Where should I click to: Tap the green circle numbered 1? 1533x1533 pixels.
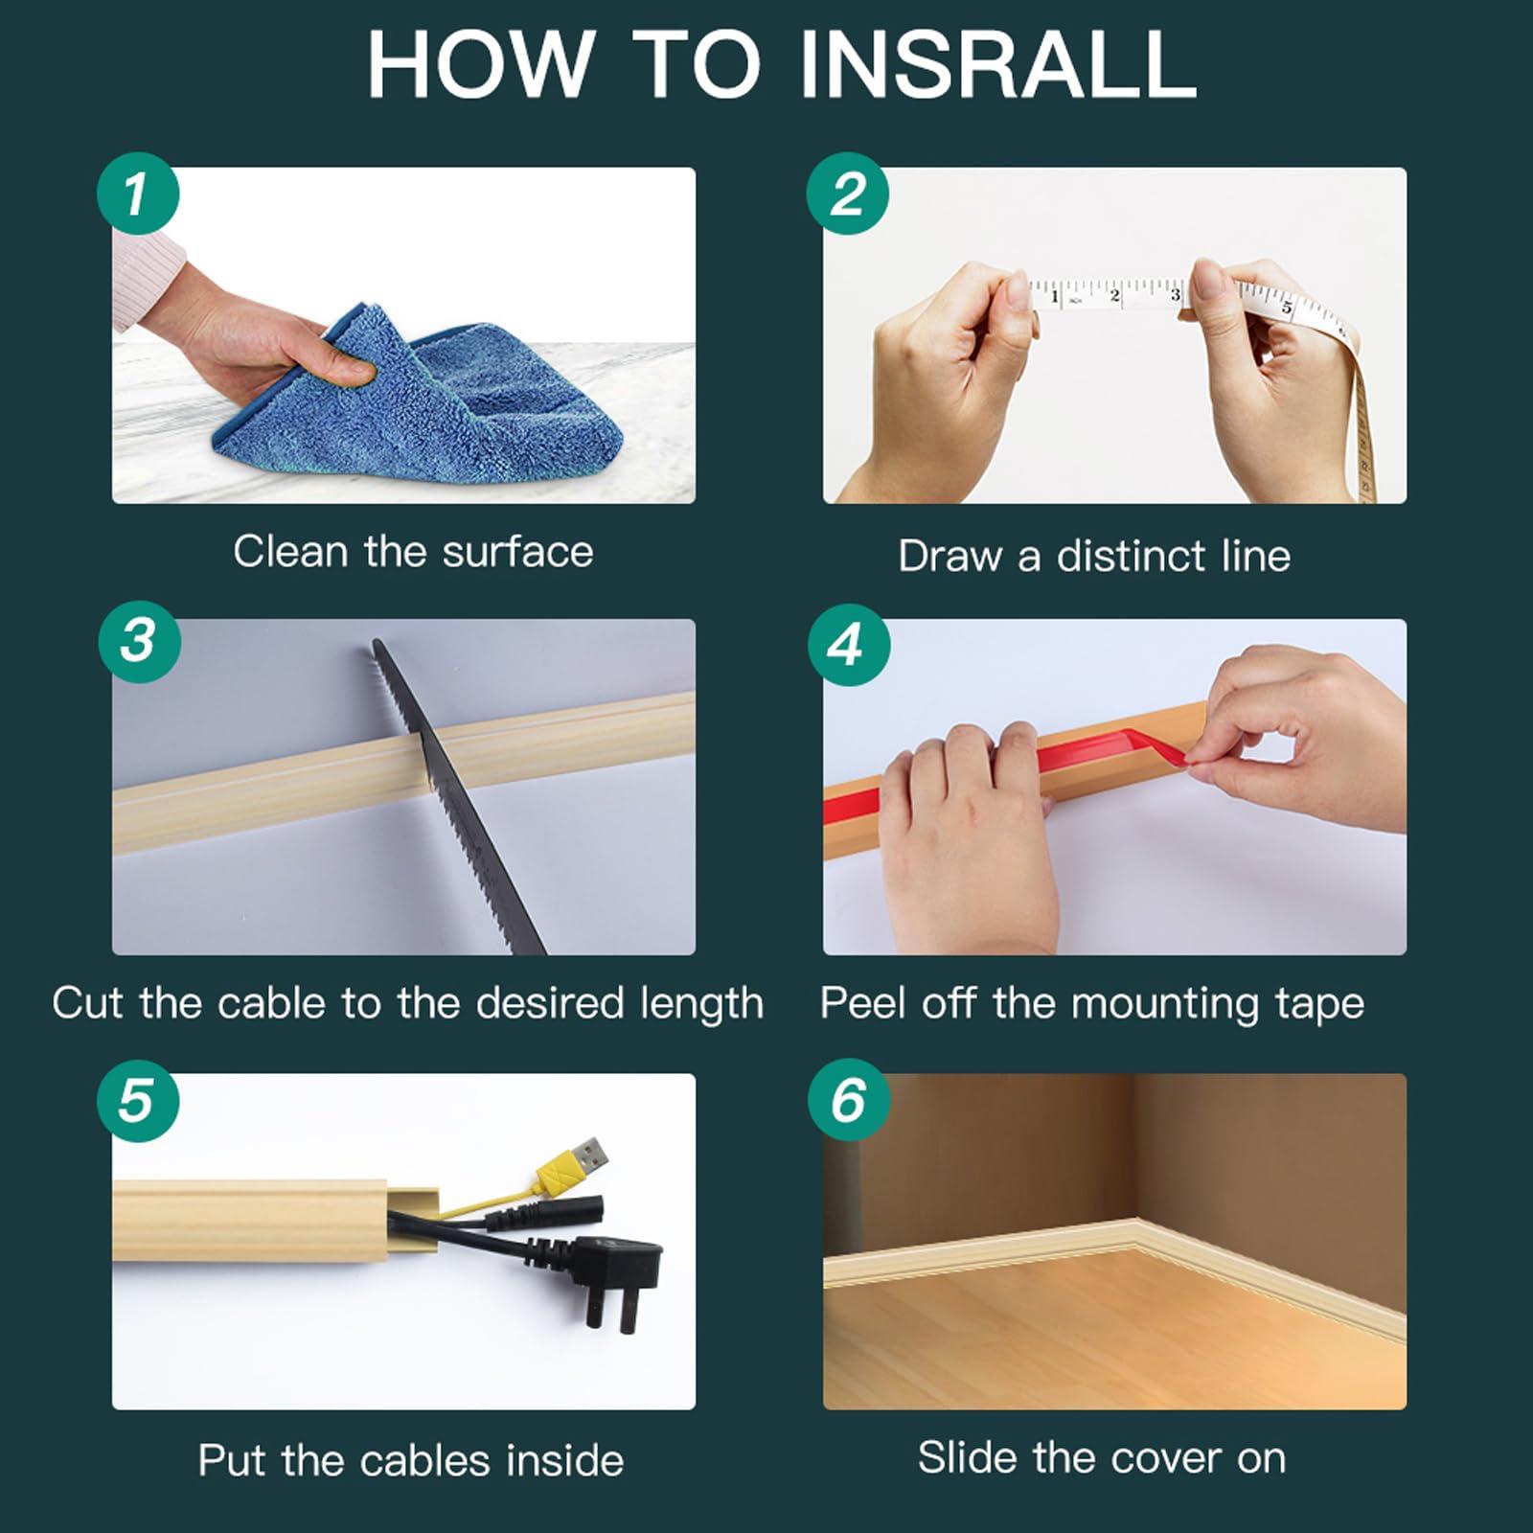click(x=138, y=194)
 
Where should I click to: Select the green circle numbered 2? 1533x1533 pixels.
click(x=848, y=194)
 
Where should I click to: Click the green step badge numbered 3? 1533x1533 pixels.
click(x=140, y=642)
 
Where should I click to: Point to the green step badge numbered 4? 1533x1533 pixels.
click(x=849, y=645)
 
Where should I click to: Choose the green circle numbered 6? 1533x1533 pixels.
click(x=849, y=1100)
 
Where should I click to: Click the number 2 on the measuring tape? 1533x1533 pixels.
click(x=1114, y=296)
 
